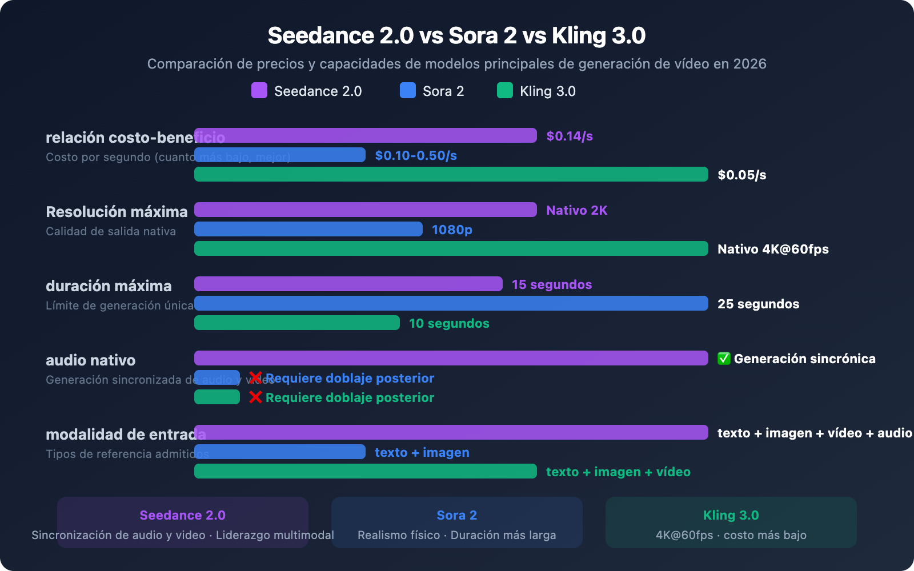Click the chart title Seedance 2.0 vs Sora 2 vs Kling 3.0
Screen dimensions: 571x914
click(x=456, y=35)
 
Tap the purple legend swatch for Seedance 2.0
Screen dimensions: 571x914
click(x=259, y=91)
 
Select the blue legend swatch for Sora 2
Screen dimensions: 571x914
click(x=408, y=91)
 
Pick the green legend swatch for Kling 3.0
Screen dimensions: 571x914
click(x=505, y=91)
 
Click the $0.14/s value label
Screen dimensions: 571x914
click(x=570, y=136)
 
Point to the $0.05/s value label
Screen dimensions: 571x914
click(x=741, y=175)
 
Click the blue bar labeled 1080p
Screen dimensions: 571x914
click(x=308, y=229)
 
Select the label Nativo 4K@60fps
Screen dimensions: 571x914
click(x=773, y=249)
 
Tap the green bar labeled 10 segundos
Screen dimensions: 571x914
click(x=297, y=323)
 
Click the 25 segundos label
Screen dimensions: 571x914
click(x=758, y=304)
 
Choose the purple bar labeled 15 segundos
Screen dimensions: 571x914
click(x=348, y=284)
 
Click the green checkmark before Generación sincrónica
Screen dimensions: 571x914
click(x=724, y=359)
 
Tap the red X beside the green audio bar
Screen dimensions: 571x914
click(x=255, y=397)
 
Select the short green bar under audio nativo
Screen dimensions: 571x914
click(x=217, y=397)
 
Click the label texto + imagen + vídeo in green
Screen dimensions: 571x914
click(x=618, y=472)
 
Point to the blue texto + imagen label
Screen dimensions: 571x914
click(x=422, y=452)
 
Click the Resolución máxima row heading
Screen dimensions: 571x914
click(x=117, y=212)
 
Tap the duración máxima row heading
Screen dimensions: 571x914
click(x=109, y=286)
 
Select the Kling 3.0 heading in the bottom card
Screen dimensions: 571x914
click(x=731, y=515)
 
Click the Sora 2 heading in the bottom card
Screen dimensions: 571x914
click(x=456, y=515)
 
